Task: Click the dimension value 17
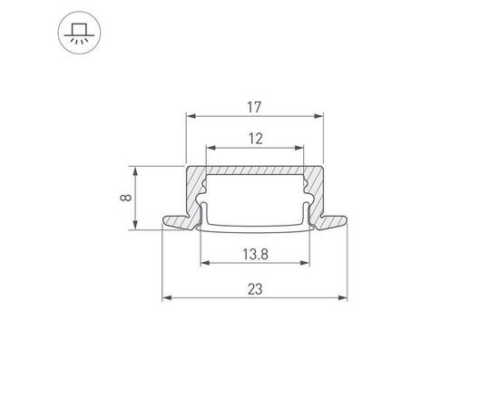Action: click(x=254, y=107)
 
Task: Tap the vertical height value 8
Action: click(x=127, y=197)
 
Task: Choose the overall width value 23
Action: click(x=255, y=288)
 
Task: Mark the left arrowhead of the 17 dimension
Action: click(x=190, y=116)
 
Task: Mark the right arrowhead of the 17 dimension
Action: click(x=320, y=116)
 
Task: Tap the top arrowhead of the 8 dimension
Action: click(x=135, y=170)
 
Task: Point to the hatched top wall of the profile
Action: click(x=255, y=171)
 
